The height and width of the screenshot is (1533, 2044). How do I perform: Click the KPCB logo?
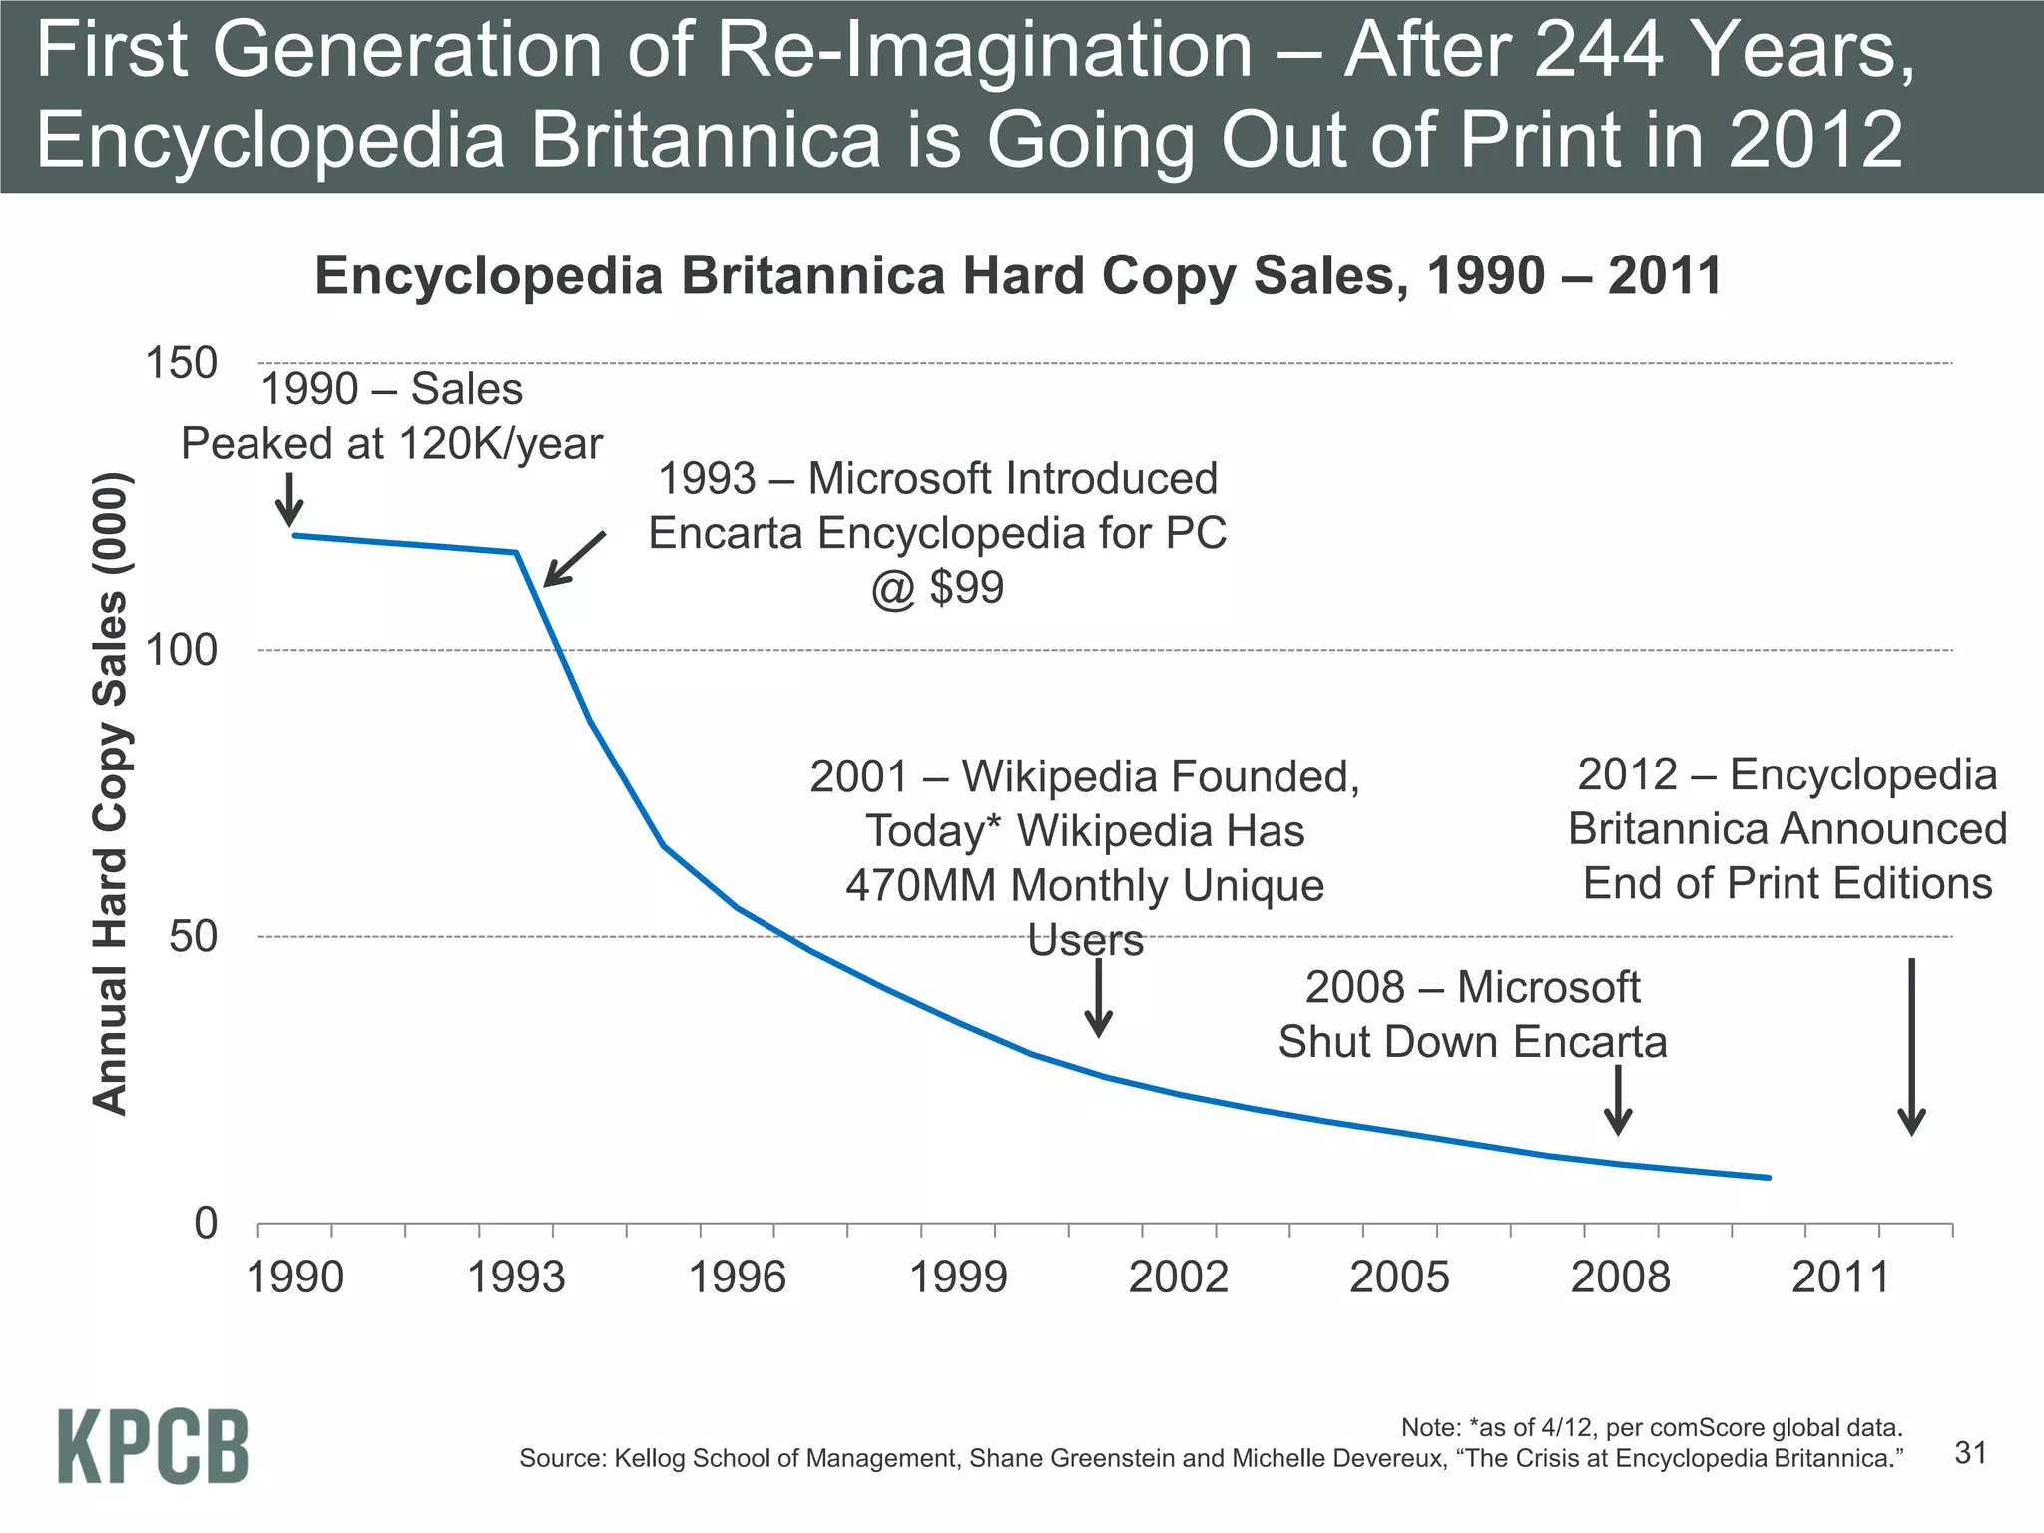pyautogui.click(x=153, y=1446)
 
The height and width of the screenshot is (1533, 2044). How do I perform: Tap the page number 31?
pyautogui.click(x=1970, y=1453)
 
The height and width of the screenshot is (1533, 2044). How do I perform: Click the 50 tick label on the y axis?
pyautogui.click(x=193, y=937)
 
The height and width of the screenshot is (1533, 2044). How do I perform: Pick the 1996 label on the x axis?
pyautogui.click(x=738, y=1277)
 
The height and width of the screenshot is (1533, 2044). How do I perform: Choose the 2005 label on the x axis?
pyautogui.click(x=1399, y=1277)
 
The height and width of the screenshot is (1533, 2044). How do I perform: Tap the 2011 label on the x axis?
pyautogui.click(x=1841, y=1277)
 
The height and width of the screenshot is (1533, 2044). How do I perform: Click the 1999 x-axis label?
pyautogui.click(x=958, y=1277)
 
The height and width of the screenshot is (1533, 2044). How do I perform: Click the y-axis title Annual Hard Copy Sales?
pyautogui.click(x=110, y=793)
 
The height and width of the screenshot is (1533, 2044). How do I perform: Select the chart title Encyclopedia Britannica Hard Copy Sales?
pyautogui.click(x=1018, y=276)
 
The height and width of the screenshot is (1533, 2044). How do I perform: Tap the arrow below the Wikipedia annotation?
pyautogui.click(x=1098, y=998)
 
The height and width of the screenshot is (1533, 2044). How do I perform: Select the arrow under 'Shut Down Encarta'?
pyautogui.click(x=1618, y=1100)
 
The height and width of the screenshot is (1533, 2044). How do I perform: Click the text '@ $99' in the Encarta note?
pyautogui.click(x=937, y=587)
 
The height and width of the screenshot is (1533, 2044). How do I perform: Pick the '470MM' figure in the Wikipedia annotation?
pyautogui.click(x=920, y=886)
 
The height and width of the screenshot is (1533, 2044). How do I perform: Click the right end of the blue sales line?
pyautogui.click(x=1768, y=1178)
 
